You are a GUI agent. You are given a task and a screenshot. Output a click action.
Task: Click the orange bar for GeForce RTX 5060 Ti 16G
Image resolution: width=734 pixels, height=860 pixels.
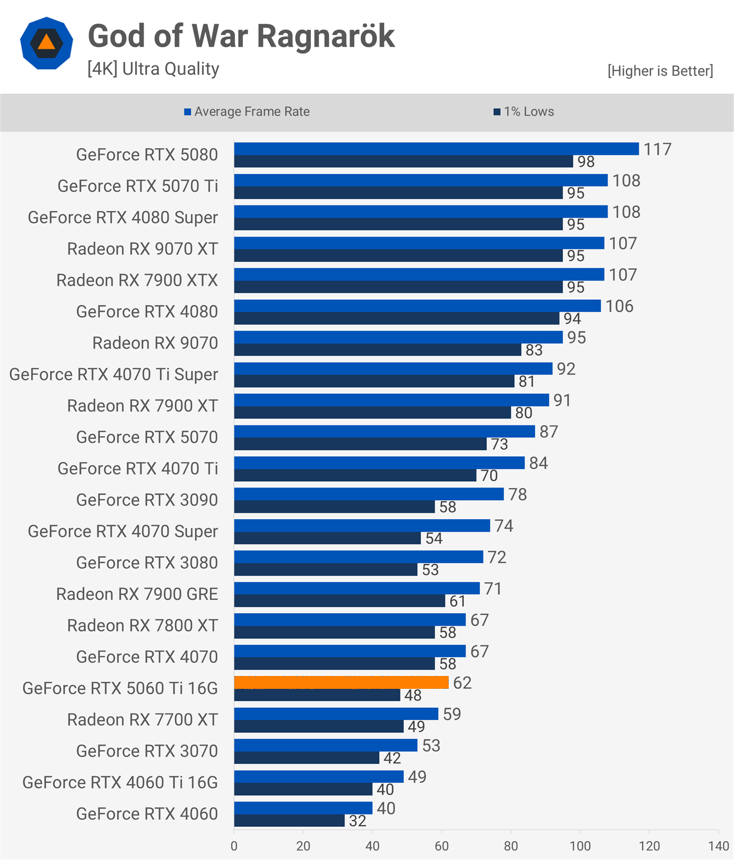pyautogui.click(x=341, y=682)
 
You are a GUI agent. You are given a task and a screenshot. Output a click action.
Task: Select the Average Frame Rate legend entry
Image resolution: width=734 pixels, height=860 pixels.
pyautogui.click(x=247, y=112)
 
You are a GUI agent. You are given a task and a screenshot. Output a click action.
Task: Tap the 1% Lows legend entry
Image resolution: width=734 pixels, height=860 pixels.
pyautogui.click(x=524, y=112)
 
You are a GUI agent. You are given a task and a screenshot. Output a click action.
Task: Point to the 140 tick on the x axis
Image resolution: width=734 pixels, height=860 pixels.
pyautogui.click(x=718, y=846)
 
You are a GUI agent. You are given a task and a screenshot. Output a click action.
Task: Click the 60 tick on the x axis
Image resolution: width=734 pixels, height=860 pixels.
pyautogui.click(x=442, y=846)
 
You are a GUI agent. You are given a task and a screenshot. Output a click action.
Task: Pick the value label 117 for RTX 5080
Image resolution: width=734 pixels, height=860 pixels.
pyautogui.click(x=657, y=149)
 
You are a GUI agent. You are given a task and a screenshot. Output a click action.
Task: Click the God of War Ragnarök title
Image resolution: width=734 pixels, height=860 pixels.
pyautogui.click(x=241, y=36)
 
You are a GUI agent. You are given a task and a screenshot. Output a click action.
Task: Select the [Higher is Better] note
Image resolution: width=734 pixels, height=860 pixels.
pyautogui.click(x=660, y=71)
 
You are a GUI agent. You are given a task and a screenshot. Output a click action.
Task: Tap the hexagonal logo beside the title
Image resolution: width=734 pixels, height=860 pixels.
pyautogui.click(x=47, y=43)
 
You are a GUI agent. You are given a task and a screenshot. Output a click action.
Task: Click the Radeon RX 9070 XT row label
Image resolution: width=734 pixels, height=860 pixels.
pyautogui.click(x=143, y=249)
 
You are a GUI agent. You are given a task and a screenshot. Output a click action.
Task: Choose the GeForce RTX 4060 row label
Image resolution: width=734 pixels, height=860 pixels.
pyautogui.click(x=147, y=814)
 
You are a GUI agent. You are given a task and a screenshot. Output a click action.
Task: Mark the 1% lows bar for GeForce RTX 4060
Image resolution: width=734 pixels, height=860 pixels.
pyautogui.click(x=290, y=821)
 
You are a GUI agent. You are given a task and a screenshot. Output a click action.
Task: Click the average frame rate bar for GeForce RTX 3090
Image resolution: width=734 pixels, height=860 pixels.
pyautogui.click(x=369, y=494)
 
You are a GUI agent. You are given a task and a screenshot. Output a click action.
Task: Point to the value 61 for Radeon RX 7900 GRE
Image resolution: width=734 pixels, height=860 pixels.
pyautogui.click(x=457, y=601)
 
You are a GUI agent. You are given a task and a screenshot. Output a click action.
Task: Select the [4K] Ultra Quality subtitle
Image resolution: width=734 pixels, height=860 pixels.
pyautogui.click(x=153, y=69)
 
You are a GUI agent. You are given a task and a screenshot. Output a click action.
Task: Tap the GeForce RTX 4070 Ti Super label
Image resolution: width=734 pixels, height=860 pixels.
pyautogui.click(x=114, y=374)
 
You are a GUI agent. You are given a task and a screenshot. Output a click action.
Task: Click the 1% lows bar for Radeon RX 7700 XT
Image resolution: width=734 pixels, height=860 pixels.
pyautogui.click(x=319, y=726)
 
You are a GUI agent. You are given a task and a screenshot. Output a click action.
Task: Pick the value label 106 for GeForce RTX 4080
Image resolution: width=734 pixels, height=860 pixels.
pyautogui.click(x=619, y=306)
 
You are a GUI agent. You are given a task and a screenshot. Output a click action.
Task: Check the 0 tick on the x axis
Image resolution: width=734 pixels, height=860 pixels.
pyautogui.click(x=234, y=846)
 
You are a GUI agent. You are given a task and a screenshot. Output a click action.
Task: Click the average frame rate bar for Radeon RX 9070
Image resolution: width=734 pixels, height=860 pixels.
pyautogui.click(x=398, y=337)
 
